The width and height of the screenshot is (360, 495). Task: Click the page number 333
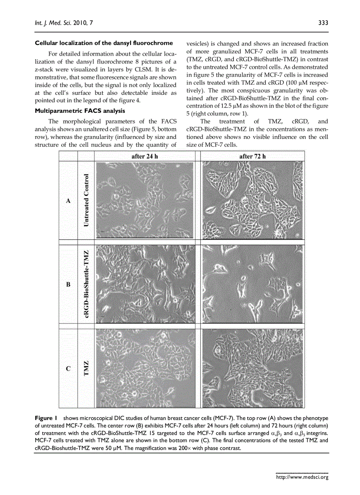(323, 23)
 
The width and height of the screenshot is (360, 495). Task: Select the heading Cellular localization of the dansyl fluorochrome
(104, 43)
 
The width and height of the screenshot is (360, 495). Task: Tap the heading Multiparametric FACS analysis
(79, 111)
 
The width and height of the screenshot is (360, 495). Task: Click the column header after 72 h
(252, 156)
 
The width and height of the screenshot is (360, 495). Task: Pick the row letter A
(68, 201)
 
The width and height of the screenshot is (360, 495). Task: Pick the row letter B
(68, 284)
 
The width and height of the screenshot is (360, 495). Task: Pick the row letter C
(68, 368)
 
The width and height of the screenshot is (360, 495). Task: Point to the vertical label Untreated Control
(86, 200)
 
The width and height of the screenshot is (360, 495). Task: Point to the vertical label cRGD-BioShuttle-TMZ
(87, 284)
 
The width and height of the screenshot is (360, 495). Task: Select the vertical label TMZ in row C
(86, 368)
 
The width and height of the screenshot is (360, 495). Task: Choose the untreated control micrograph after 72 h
(252, 200)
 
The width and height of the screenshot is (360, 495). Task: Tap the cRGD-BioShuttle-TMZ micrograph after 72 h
(252, 284)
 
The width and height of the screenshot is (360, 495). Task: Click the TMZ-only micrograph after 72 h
(252, 368)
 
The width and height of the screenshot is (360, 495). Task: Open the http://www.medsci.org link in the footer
(302, 476)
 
